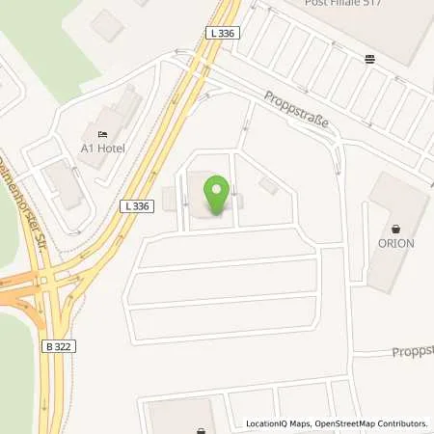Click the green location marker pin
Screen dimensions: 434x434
point(217,196)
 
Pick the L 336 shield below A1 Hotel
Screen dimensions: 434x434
point(136,205)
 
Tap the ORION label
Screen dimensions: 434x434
point(395,243)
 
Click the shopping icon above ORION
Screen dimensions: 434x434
point(395,227)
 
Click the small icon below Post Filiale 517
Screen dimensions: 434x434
point(370,58)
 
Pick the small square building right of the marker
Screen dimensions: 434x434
point(269,185)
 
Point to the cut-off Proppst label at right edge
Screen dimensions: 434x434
point(413,351)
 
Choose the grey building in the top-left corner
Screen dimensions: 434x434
point(107,25)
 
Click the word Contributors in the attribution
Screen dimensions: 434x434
point(399,423)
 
